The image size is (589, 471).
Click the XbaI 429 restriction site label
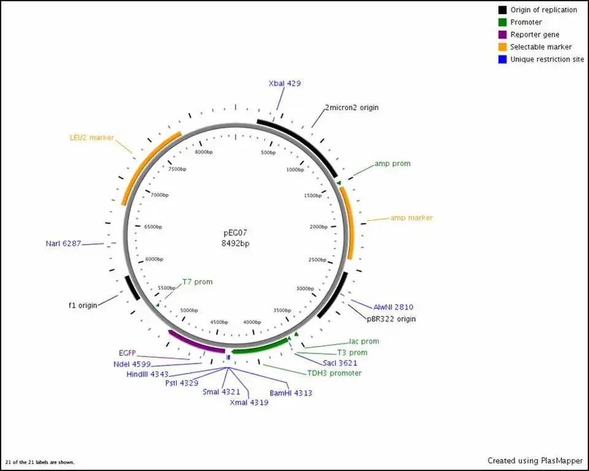coord(285,83)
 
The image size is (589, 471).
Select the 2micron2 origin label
coord(352,107)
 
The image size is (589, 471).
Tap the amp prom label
coord(392,164)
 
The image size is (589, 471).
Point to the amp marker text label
coord(412,218)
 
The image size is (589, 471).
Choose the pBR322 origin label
coord(391,319)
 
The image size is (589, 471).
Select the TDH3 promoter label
coord(334,373)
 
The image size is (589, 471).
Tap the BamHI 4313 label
coord(291,393)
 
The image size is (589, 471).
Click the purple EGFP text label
coord(127,353)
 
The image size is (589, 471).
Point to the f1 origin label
coord(83,305)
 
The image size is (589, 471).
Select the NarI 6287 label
coord(63,243)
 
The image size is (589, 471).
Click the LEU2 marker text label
coord(92,137)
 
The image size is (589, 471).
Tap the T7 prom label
coord(198,282)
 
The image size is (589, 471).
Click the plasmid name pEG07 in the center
coord(235,233)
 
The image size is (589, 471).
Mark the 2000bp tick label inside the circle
coord(318,227)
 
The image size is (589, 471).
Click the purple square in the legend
coord(502,34)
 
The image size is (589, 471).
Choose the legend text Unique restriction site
coord(547,59)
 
